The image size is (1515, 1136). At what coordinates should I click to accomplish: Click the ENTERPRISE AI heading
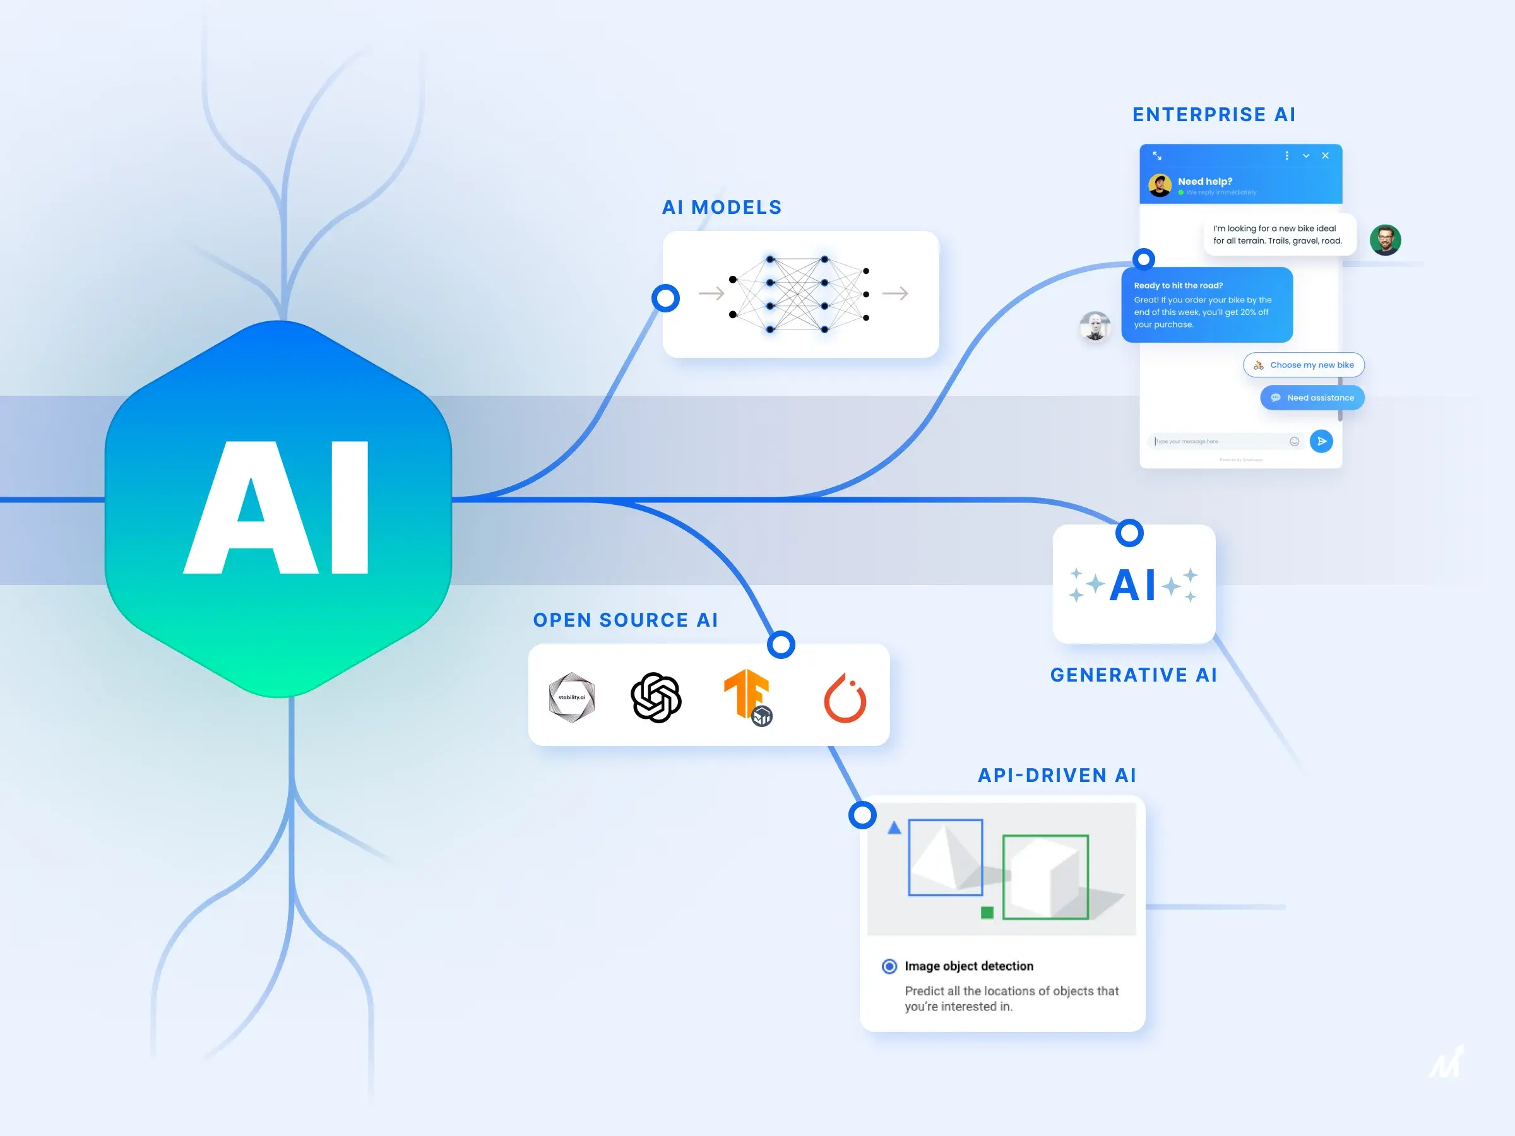click(x=1214, y=114)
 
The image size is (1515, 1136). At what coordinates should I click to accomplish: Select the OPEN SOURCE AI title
click(x=626, y=620)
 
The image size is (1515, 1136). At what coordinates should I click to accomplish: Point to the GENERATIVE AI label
click(x=1134, y=675)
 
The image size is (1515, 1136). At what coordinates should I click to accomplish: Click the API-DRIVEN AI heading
click(x=1057, y=775)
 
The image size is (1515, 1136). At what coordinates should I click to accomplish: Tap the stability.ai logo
click(x=572, y=697)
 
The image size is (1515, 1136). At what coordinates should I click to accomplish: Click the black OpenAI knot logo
click(x=655, y=697)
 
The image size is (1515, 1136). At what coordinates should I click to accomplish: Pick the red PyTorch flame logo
click(x=845, y=699)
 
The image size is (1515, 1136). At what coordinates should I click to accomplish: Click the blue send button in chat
click(x=1321, y=441)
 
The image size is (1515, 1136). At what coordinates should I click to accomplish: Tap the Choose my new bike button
click(x=1304, y=365)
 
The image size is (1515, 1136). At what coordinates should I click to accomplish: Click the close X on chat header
click(x=1325, y=155)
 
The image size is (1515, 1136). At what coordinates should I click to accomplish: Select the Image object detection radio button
click(x=889, y=966)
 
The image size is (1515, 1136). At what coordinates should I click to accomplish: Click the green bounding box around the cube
click(x=1045, y=837)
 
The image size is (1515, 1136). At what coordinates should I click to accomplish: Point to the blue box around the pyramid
click(x=945, y=821)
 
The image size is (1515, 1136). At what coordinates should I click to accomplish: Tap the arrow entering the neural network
click(x=711, y=293)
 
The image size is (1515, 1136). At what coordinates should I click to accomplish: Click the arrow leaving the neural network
click(x=894, y=293)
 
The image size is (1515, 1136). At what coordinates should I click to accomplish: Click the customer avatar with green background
click(x=1385, y=240)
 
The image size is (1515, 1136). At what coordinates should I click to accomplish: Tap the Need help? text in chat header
click(x=1204, y=182)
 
